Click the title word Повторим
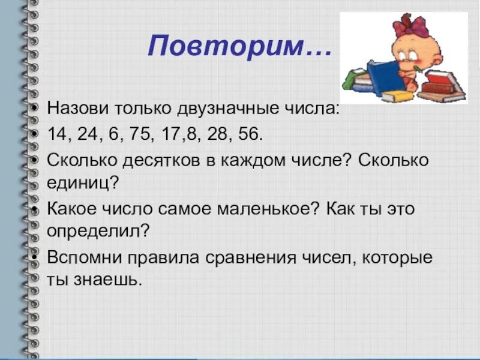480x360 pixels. click(231, 46)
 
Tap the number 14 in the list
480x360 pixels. click(59, 134)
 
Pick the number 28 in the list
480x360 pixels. click(212, 134)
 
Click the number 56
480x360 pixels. click(246, 134)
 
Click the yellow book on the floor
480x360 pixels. click(396, 96)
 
